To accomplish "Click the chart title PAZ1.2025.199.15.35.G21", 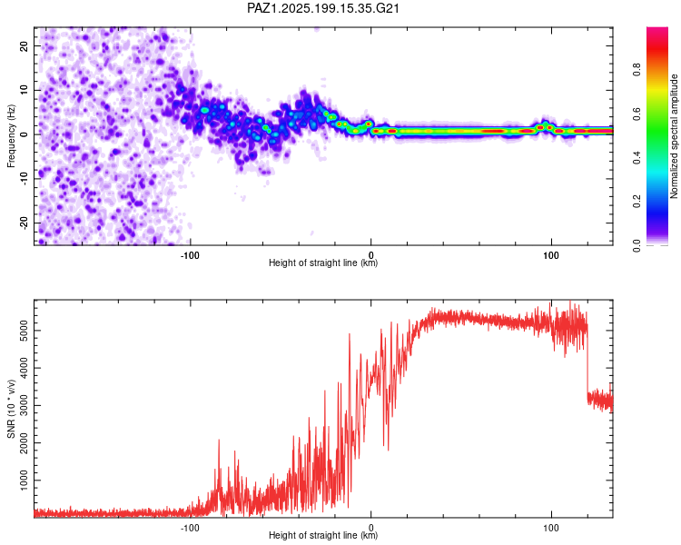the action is pyautogui.click(x=322, y=8).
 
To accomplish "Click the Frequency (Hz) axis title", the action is pyautogui.click(x=11, y=136).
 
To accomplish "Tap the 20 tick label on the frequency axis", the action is pyautogui.click(x=25, y=45).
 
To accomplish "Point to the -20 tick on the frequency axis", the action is pyautogui.click(x=25, y=223).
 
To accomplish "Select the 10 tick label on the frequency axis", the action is pyautogui.click(x=25, y=90).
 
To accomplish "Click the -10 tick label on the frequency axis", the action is pyautogui.click(x=25, y=179).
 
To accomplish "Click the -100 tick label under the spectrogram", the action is pyautogui.click(x=190, y=255).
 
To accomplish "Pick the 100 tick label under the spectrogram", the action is pyautogui.click(x=551, y=255).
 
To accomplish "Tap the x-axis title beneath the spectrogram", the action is pyautogui.click(x=323, y=263).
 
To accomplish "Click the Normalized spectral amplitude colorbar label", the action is pyautogui.click(x=674, y=136).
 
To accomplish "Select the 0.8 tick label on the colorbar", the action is pyautogui.click(x=637, y=70).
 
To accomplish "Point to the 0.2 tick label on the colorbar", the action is pyautogui.click(x=637, y=202).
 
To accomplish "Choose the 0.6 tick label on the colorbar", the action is pyautogui.click(x=637, y=114).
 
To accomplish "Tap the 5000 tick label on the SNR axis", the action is pyautogui.click(x=25, y=331).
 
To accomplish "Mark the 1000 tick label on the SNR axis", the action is pyautogui.click(x=25, y=481).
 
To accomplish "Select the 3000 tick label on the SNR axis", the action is pyautogui.click(x=25, y=405).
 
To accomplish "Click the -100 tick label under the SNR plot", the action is pyautogui.click(x=190, y=528).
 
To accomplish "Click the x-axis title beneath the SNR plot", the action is pyautogui.click(x=323, y=535).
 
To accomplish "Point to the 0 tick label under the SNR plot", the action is pyautogui.click(x=370, y=528).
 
